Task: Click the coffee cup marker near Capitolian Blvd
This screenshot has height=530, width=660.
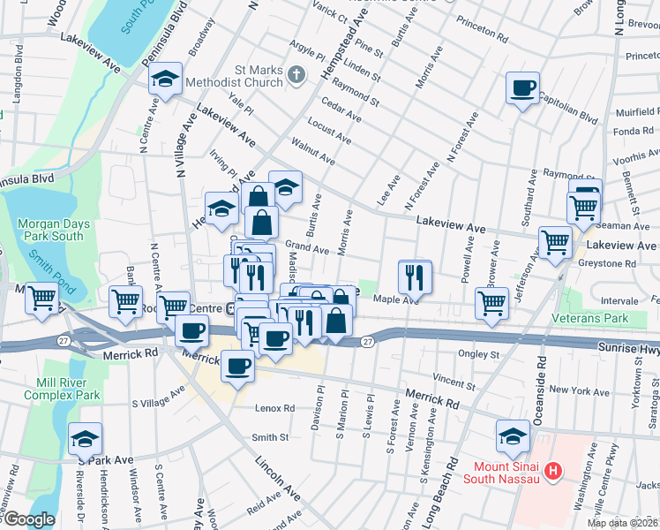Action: [522, 88]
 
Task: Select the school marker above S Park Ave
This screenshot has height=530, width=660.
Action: [86, 439]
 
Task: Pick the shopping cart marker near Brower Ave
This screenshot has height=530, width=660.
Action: [491, 303]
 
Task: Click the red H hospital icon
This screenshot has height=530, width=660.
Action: [553, 471]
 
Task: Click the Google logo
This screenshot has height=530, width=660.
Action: [28, 519]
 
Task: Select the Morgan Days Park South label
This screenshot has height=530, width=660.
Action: [54, 230]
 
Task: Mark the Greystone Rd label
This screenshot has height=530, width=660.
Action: [606, 263]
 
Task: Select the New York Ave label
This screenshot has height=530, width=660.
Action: [578, 390]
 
